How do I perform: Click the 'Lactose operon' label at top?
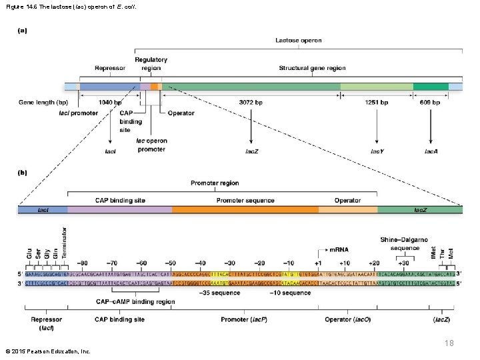[x=298, y=41]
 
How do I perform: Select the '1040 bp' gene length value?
[x=109, y=103]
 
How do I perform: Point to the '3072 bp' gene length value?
[x=251, y=103]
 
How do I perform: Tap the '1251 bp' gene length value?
[x=376, y=103]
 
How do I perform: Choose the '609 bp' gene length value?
[x=430, y=103]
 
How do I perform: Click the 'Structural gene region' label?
[x=312, y=68]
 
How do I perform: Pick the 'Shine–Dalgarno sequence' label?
[x=405, y=243]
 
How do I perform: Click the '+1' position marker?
[x=318, y=263]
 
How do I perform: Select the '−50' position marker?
[x=171, y=263]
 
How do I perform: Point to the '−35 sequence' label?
[x=220, y=293]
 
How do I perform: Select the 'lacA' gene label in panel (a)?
[x=431, y=151]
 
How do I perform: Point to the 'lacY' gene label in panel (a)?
[x=377, y=151]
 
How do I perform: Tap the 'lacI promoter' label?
[x=79, y=113]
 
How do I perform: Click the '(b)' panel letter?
[x=22, y=171]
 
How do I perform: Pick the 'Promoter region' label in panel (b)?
[x=215, y=183]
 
